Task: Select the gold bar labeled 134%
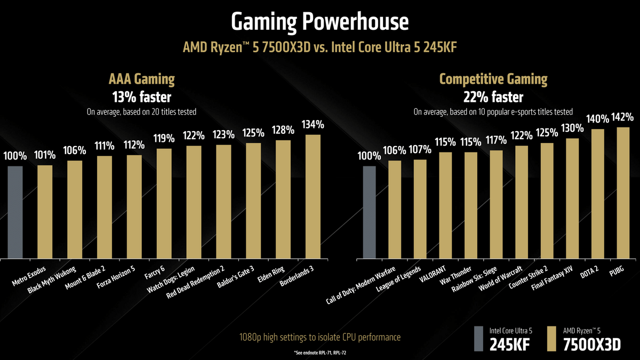(313, 196)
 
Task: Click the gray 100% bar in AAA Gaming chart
(15, 212)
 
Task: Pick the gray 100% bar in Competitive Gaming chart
(369, 212)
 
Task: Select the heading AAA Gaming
(141, 80)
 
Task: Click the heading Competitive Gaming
(493, 80)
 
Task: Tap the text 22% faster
(493, 98)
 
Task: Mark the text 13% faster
(141, 98)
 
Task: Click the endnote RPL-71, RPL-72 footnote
(320, 354)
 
